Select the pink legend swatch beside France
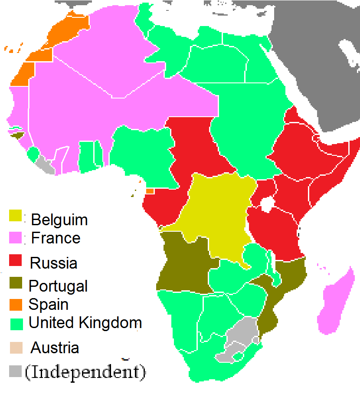click(16, 237)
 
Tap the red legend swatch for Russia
click(16, 261)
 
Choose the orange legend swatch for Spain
click(16, 304)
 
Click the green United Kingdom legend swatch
click(16, 323)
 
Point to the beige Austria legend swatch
click(16, 347)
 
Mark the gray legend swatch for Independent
click(16, 371)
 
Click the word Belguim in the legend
click(59, 220)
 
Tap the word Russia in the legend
click(53, 263)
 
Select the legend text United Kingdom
click(85, 323)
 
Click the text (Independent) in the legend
click(85, 372)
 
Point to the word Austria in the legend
click(55, 348)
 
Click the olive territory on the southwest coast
click(184, 265)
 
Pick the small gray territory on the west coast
click(45, 165)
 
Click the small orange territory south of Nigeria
click(150, 191)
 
